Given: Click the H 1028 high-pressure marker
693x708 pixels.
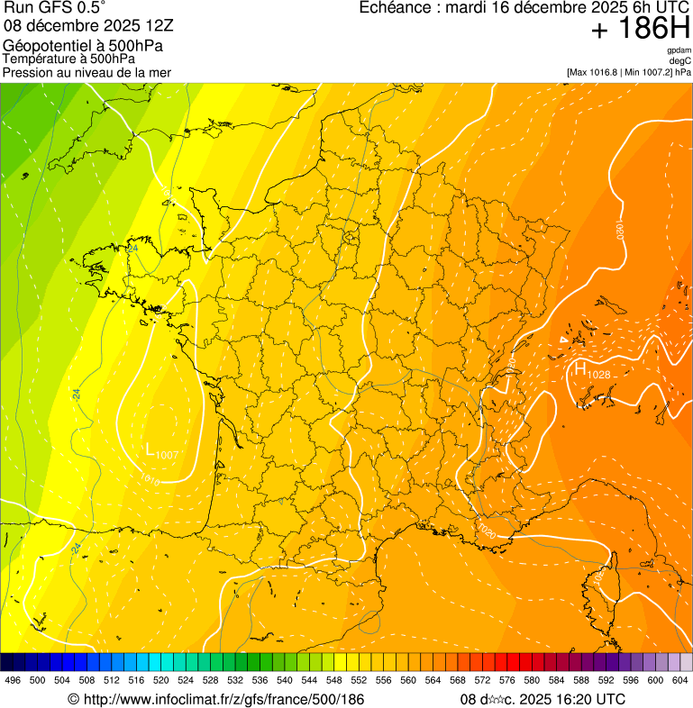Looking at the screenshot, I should (591, 370).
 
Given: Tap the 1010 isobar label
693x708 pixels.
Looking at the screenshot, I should (150, 480).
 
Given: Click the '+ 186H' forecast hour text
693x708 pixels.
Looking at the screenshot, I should (640, 29).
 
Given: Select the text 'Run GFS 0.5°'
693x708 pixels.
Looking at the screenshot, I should (54, 8).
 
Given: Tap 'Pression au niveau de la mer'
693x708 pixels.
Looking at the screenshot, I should (87, 73).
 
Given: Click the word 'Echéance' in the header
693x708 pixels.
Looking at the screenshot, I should (394, 8).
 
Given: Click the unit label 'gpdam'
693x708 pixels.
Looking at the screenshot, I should (679, 50).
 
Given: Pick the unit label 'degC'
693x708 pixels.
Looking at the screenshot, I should (680, 61).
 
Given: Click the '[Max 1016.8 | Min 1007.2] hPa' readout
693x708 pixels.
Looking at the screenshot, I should (628, 72).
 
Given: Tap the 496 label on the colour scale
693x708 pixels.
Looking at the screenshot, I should (13, 680).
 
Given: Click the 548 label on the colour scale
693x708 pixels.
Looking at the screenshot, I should (333, 680).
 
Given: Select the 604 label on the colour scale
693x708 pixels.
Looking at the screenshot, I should (679, 680).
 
